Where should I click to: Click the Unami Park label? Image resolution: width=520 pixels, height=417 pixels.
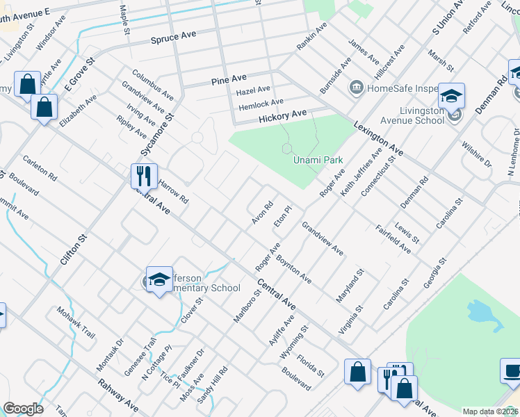[318, 160]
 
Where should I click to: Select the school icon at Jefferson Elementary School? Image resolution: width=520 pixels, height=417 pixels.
[159, 279]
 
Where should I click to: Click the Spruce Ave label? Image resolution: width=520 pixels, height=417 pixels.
[174, 37]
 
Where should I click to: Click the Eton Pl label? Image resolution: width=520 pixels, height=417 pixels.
[281, 216]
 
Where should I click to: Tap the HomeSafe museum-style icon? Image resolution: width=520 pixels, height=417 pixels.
[356, 88]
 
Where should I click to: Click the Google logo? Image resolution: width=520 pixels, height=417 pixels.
[23, 409]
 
